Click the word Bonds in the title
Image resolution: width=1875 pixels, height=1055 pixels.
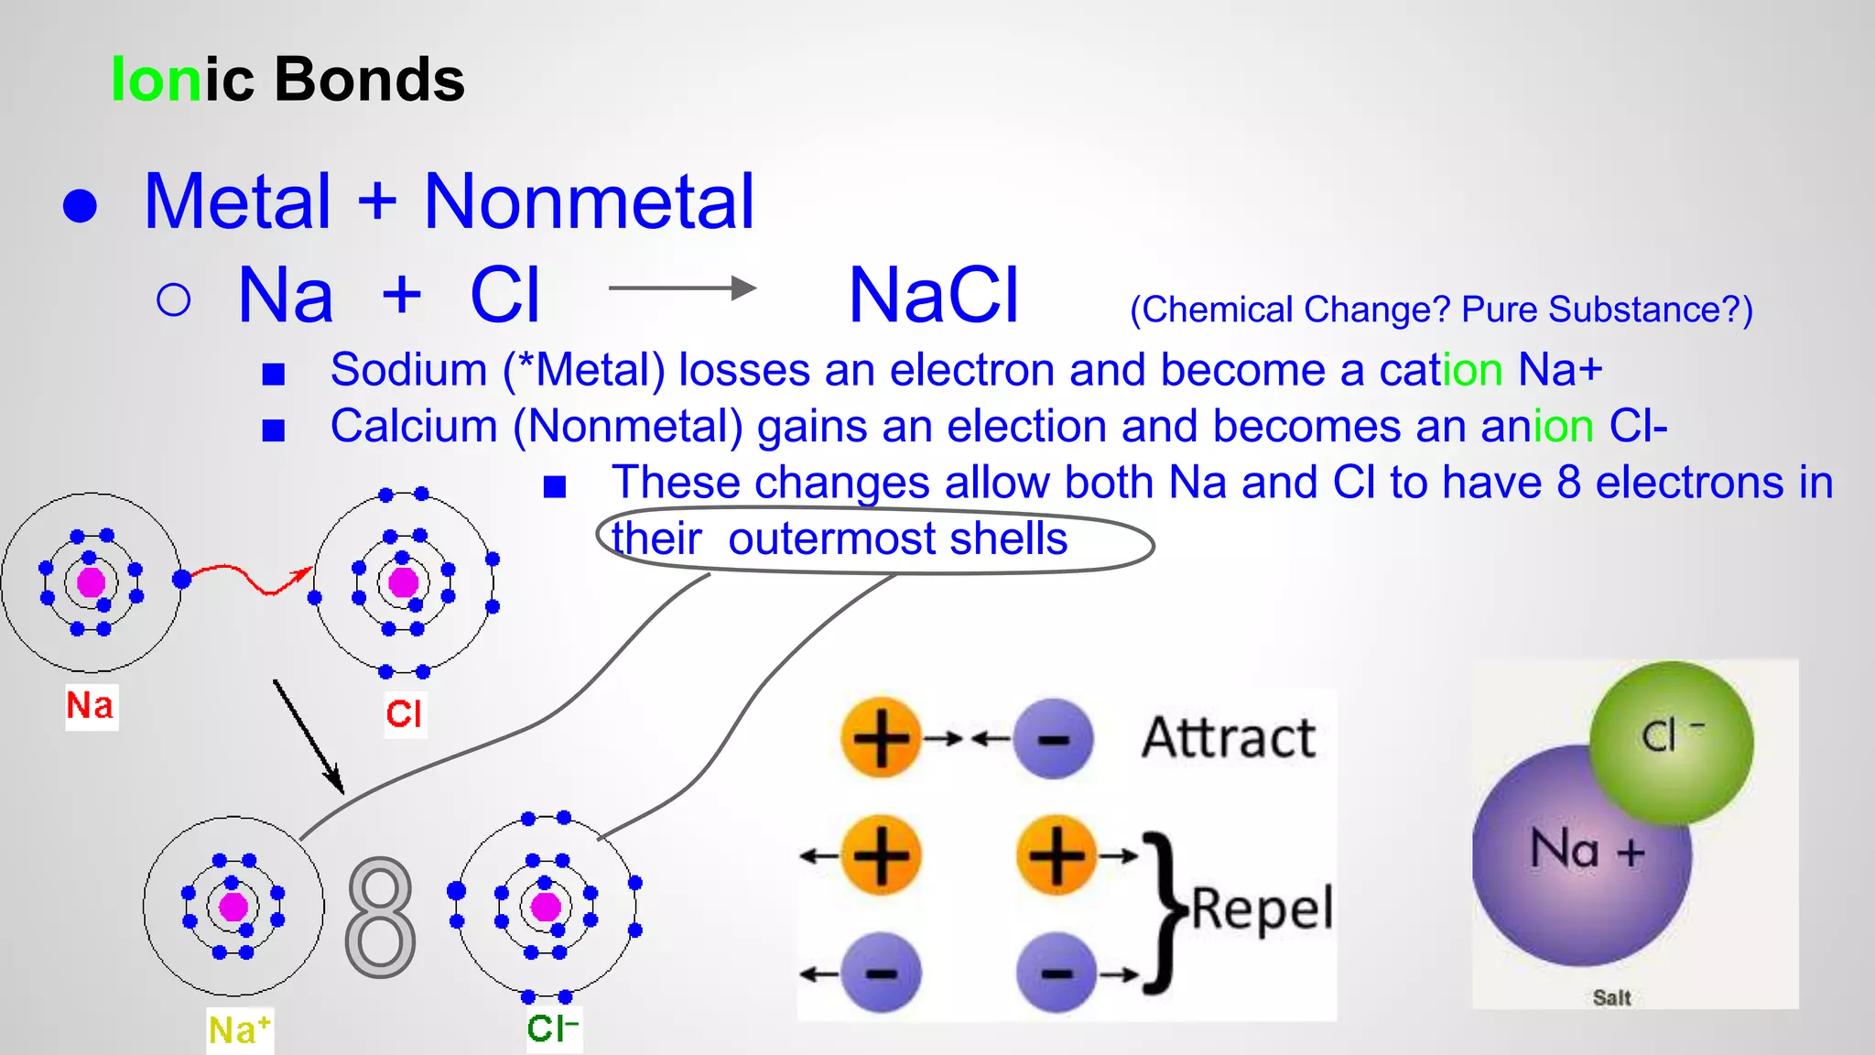coord(369,80)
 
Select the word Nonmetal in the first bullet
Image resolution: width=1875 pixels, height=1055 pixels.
coord(589,202)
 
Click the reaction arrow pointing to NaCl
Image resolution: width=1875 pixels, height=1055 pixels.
coord(682,288)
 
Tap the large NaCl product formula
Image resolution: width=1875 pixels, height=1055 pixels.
coord(933,296)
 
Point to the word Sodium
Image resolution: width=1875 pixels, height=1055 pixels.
coord(408,370)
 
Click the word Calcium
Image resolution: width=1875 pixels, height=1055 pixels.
coord(414,427)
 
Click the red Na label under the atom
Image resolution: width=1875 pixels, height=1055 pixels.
coord(91,706)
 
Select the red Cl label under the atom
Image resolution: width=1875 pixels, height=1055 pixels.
coord(404,713)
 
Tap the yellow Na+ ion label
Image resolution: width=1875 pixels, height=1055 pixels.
coord(239,1030)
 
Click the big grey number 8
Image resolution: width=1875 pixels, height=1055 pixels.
coord(380,918)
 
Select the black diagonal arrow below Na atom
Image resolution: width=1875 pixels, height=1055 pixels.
coord(308,735)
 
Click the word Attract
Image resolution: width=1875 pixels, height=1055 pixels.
coord(1228,738)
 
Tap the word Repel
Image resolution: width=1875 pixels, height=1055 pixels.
coord(1262,909)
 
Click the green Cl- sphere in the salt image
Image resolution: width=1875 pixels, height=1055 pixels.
coord(1671,742)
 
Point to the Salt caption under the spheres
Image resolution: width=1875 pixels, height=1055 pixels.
coord(1611,997)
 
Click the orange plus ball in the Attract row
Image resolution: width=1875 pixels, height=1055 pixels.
coord(880,738)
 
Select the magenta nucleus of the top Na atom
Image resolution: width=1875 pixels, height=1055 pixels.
coord(91,582)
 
